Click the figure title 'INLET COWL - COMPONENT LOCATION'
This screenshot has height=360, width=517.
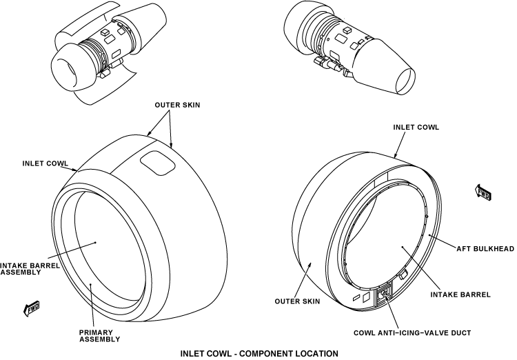(259, 353)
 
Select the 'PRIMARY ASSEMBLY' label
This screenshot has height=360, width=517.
(99, 335)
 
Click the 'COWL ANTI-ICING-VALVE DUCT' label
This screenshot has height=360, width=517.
(412, 332)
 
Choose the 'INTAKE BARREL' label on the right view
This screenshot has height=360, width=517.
(460, 294)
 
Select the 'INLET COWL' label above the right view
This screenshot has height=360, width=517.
(416, 127)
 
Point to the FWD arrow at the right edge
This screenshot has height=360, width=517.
(483, 192)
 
